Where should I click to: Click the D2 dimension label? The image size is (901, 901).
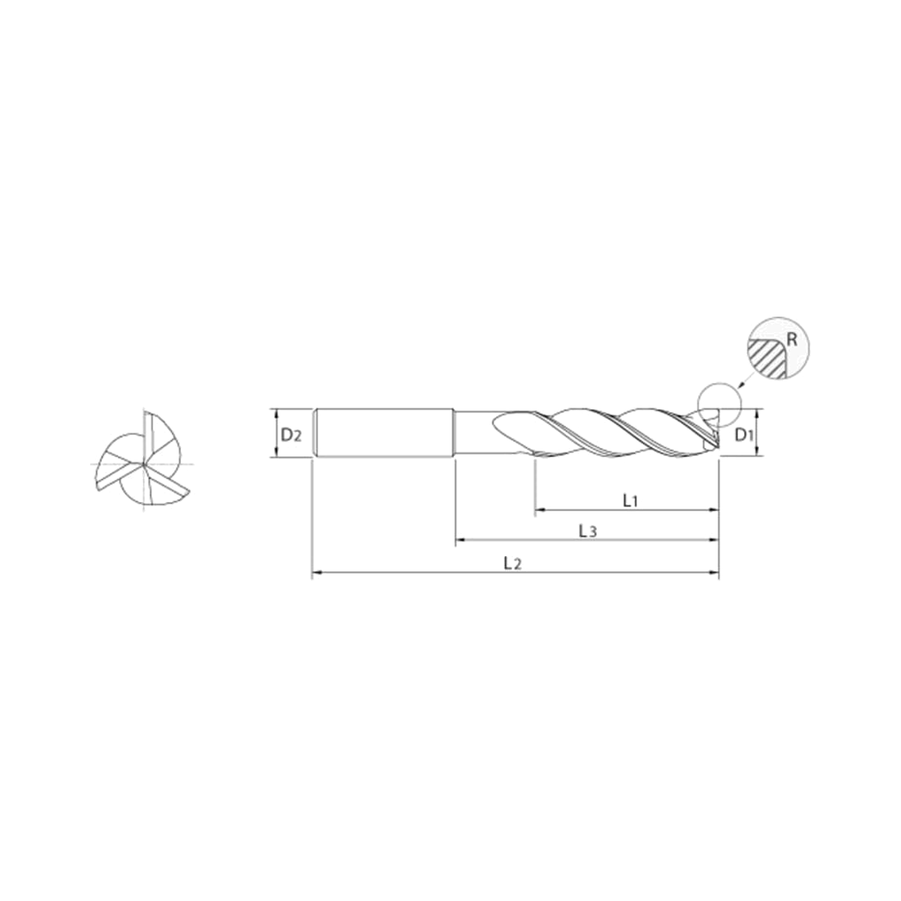click(x=291, y=436)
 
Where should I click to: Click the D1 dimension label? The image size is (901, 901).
click(x=744, y=436)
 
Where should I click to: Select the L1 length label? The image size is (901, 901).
click(x=630, y=501)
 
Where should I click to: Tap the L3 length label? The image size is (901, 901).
click(x=587, y=531)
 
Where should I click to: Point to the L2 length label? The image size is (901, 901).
click(x=512, y=564)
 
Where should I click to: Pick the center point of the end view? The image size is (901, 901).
click(x=145, y=464)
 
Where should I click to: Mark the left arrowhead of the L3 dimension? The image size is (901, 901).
click(x=460, y=540)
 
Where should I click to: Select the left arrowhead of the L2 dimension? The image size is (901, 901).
click(x=317, y=571)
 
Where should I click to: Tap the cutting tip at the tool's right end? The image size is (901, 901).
click(x=716, y=434)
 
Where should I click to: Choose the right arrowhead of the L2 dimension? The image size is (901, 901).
click(x=714, y=571)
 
